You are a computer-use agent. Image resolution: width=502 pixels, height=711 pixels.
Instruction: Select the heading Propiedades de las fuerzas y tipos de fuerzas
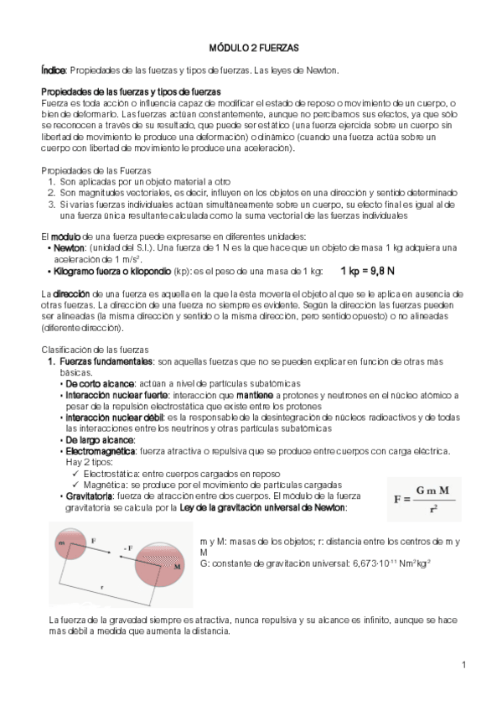131,91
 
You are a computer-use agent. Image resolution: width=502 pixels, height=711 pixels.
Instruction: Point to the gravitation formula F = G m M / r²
423,501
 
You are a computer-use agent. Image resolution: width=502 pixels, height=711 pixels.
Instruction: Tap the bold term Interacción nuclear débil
115,417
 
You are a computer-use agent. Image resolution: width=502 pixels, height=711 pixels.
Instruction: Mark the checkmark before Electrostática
75,474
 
